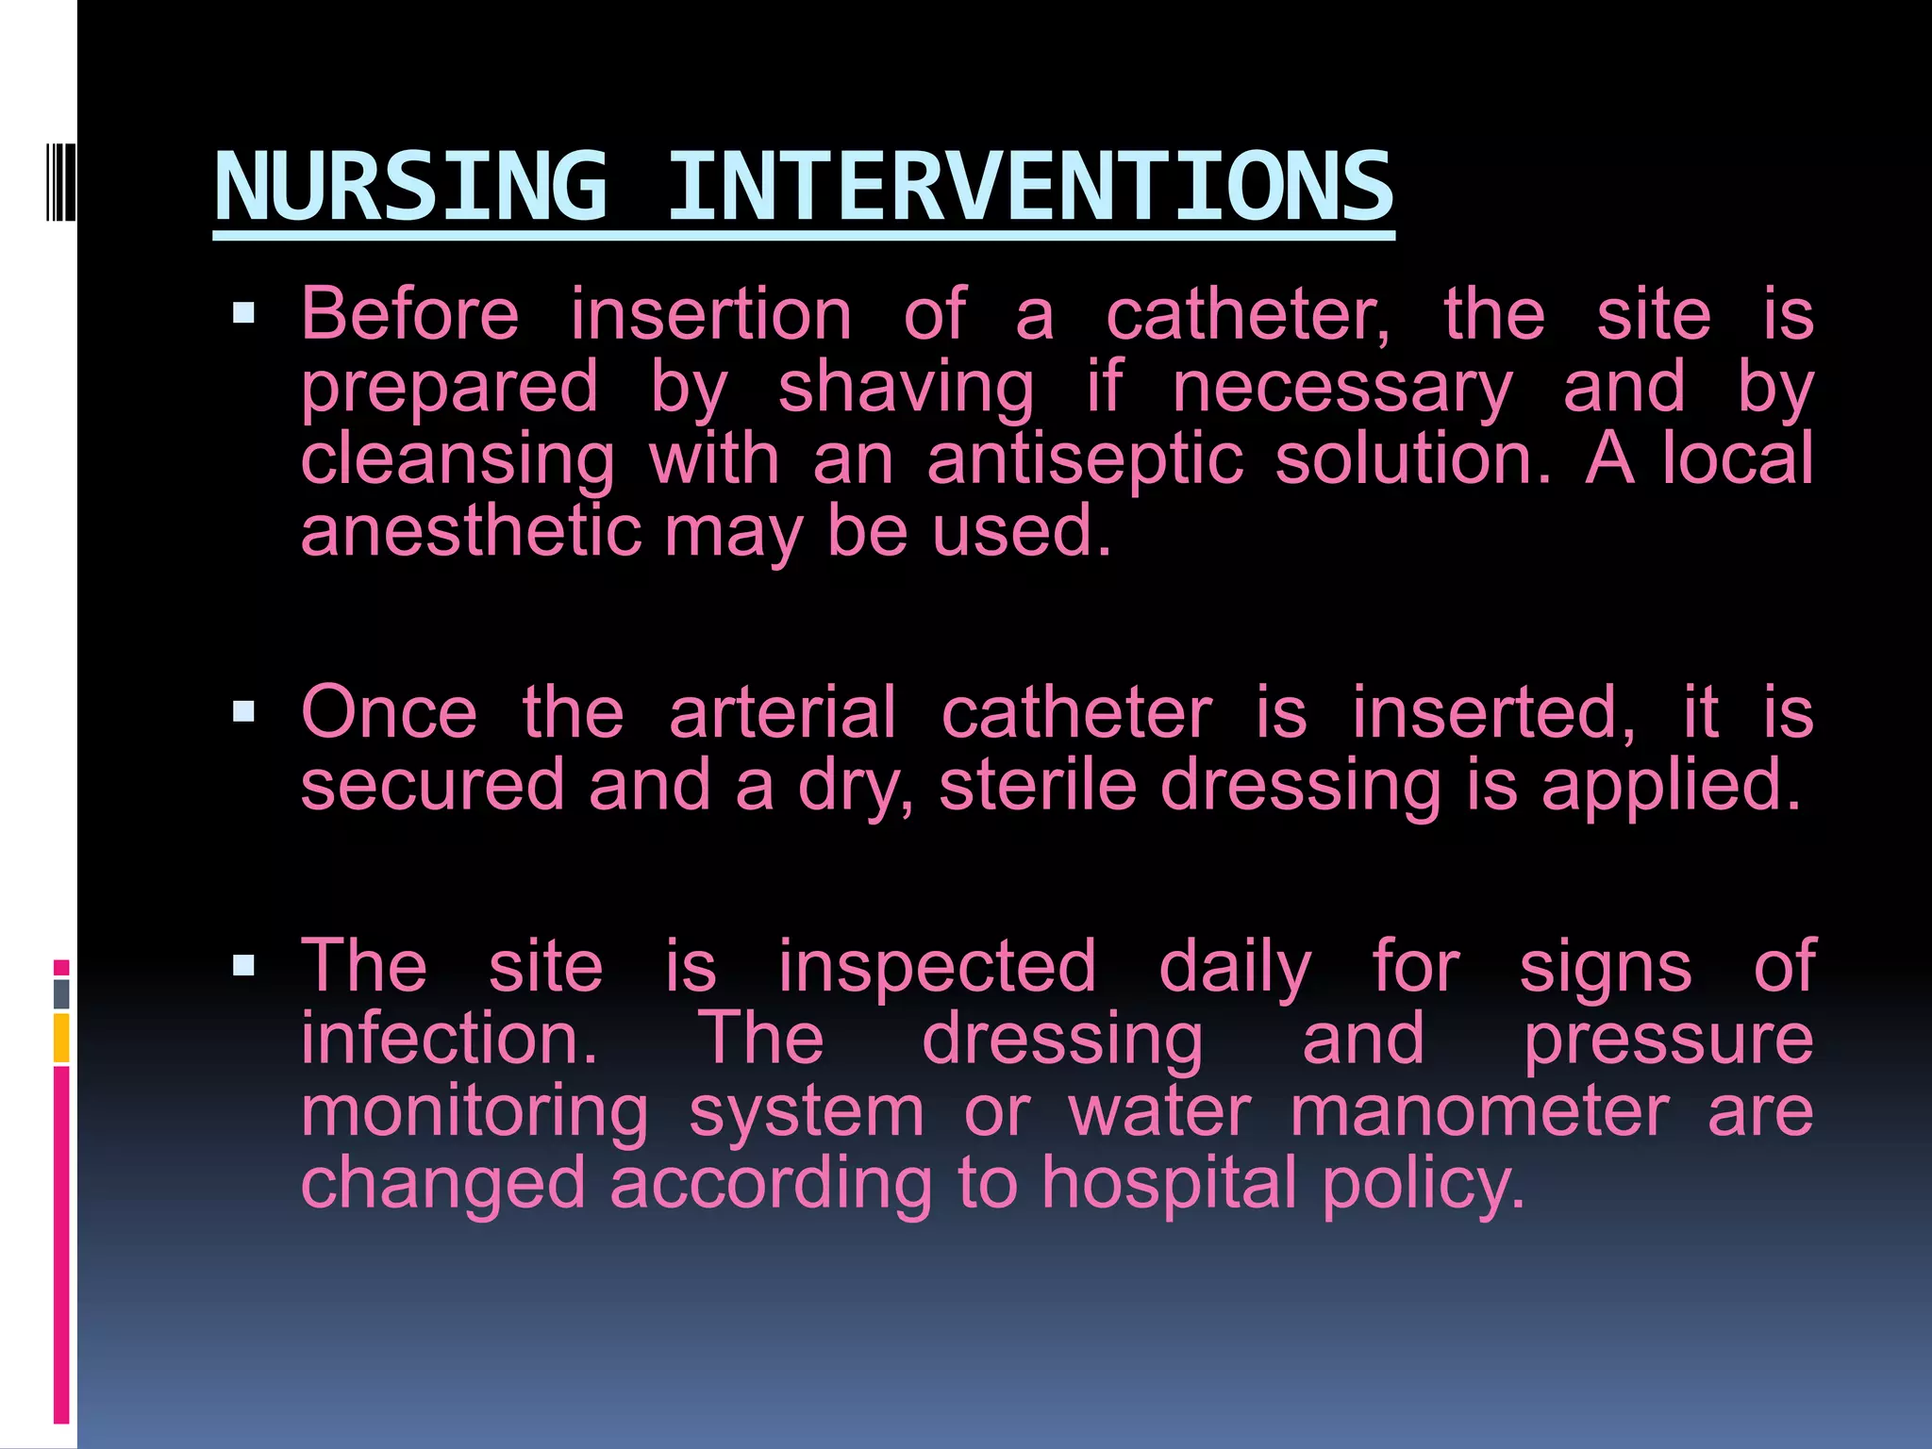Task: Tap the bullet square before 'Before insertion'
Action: coord(243,312)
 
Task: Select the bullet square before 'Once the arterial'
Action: coord(243,710)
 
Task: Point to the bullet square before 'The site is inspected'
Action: coord(243,965)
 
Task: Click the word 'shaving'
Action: coord(906,389)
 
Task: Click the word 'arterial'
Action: coord(782,712)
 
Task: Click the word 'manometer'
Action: coord(1479,1111)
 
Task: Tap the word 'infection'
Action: coord(448,1039)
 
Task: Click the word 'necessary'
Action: coord(1342,389)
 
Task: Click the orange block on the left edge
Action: coord(61,1037)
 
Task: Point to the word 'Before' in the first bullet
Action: coord(409,314)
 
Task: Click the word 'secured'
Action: coord(432,785)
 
